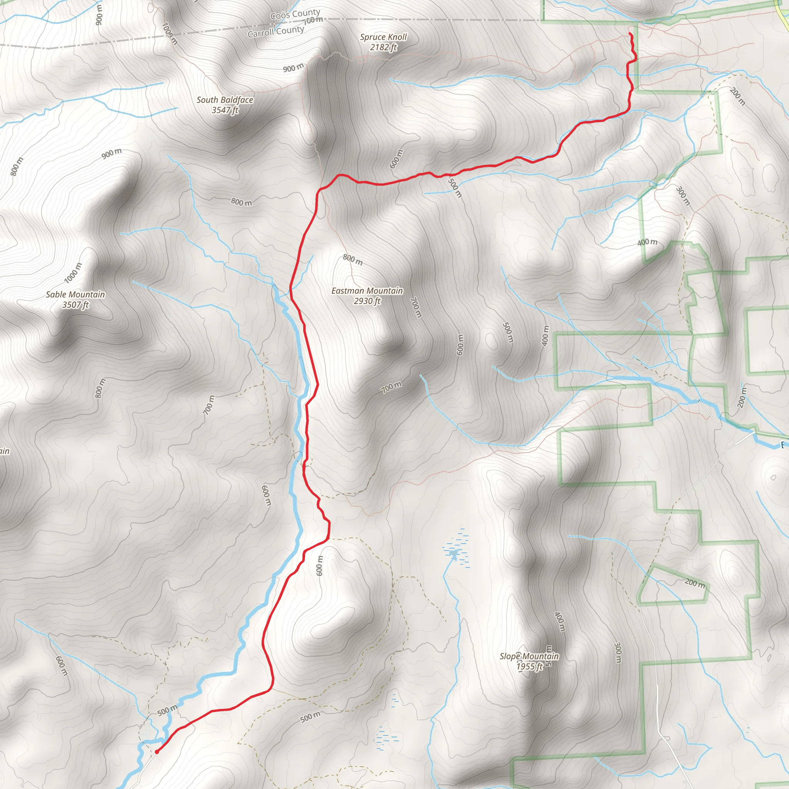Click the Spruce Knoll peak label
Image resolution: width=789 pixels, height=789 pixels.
point(383,42)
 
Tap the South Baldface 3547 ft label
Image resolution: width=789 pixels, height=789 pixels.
point(225,104)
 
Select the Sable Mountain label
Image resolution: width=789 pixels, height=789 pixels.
point(75,299)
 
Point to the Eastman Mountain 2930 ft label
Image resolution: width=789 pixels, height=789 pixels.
point(367,295)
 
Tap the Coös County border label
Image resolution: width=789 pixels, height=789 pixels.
point(295,15)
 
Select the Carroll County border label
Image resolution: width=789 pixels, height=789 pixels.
point(276,32)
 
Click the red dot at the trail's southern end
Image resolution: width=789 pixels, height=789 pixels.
point(157,751)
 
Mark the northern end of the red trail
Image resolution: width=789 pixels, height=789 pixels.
point(630,33)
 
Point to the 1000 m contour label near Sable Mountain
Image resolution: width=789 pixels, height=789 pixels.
point(74,273)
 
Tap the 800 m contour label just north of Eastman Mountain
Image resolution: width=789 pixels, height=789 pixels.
point(353,259)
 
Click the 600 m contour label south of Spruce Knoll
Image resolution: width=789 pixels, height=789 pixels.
point(396,159)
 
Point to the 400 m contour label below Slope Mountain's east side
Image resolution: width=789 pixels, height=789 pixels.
point(559,621)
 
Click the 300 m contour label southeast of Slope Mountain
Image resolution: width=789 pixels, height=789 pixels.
point(618,653)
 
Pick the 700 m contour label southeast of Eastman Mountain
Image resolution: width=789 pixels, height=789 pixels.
point(391,387)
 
